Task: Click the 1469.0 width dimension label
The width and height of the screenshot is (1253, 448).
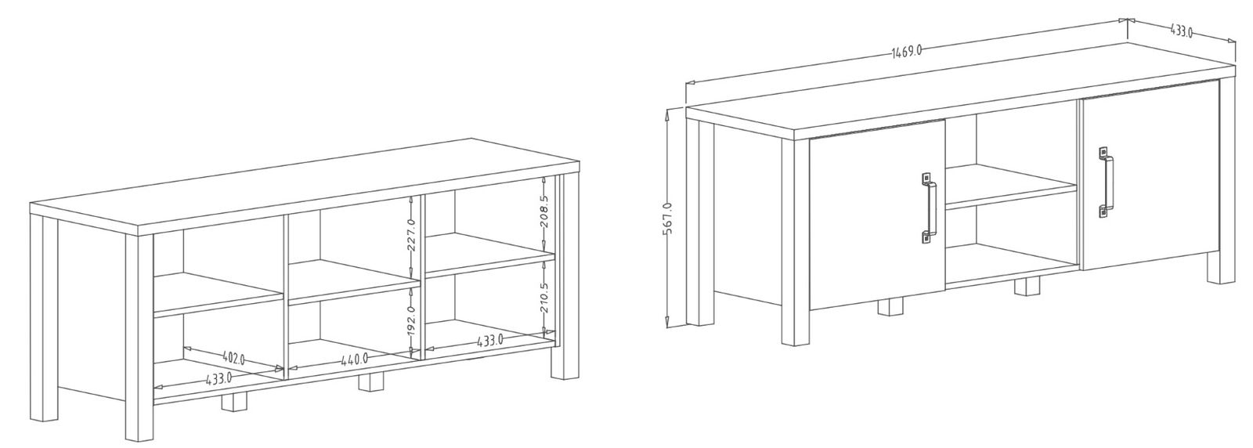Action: click(x=906, y=51)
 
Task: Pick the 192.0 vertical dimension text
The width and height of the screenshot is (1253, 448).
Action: click(x=412, y=320)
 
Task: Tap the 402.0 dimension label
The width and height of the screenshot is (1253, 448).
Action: click(x=234, y=357)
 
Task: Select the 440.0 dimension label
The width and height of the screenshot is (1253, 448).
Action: click(x=355, y=359)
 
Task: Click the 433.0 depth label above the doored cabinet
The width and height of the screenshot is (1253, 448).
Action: click(x=1182, y=31)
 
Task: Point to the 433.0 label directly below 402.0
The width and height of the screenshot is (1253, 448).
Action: click(x=218, y=379)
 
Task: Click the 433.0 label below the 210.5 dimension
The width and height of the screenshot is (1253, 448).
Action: click(x=490, y=340)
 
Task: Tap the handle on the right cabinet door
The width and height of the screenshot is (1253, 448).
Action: click(x=1105, y=182)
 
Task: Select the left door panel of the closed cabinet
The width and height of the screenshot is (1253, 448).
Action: click(x=877, y=215)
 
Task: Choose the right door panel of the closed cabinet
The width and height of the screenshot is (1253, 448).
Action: click(x=1151, y=175)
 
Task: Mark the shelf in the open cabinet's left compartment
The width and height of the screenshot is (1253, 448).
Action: click(x=218, y=294)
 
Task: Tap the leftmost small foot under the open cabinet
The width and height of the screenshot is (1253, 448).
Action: click(x=234, y=402)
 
